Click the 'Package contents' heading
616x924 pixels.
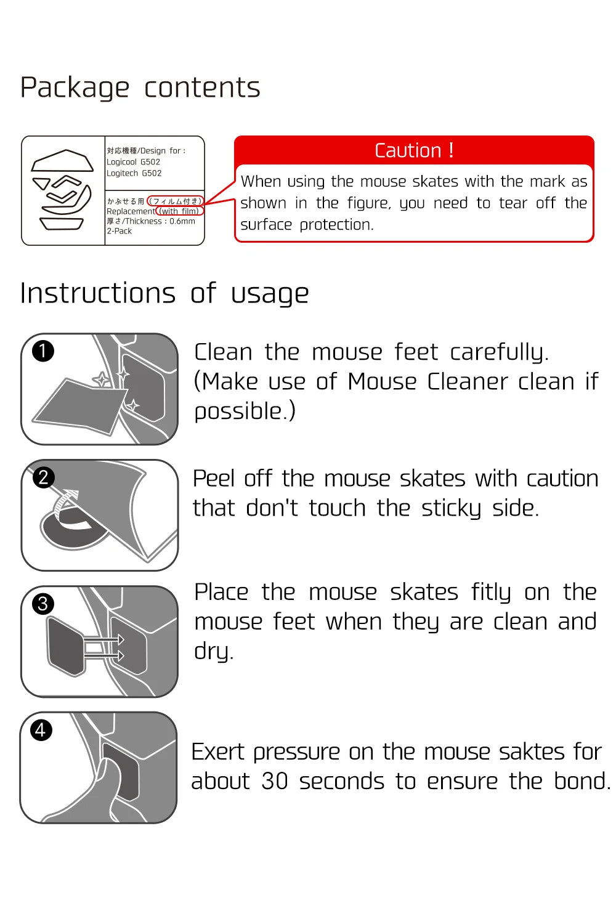point(140,87)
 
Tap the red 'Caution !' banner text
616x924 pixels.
point(414,150)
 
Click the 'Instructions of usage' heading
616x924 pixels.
point(164,293)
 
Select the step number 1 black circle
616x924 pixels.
point(43,351)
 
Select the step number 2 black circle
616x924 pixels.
point(43,477)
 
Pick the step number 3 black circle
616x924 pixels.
point(43,604)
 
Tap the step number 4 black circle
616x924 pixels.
point(41,730)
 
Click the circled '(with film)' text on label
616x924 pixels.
point(180,211)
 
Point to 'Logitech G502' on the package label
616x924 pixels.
point(134,173)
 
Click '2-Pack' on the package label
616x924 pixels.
point(119,231)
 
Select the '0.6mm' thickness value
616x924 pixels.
point(182,221)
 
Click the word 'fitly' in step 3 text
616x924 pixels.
point(491,592)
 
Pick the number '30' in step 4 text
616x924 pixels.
point(275,781)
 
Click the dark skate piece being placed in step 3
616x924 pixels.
point(65,646)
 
